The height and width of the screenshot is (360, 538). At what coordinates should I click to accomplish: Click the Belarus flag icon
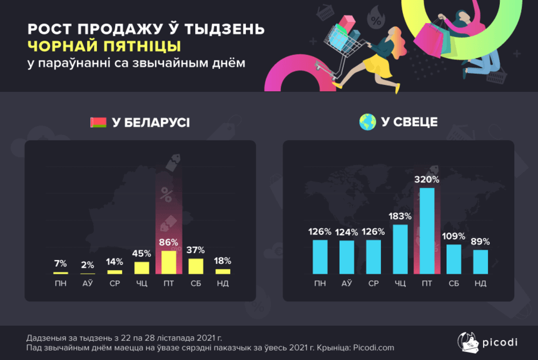(x=98, y=122)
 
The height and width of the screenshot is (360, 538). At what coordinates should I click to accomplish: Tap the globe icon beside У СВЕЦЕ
(x=367, y=122)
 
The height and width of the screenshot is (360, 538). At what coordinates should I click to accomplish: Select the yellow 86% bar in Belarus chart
(x=169, y=262)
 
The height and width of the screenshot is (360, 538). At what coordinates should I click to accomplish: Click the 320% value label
(x=427, y=179)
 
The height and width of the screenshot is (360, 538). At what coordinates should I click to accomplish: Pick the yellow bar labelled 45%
(x=142, y=268)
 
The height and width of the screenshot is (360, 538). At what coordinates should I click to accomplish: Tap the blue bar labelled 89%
(x=480, y=262)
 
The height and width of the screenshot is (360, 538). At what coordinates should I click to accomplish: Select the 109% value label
(x=454, y=236)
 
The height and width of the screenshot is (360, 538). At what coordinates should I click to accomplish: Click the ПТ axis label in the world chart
(x=427, y=284)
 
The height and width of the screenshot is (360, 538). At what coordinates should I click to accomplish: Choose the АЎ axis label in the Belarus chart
(x=88, y=284)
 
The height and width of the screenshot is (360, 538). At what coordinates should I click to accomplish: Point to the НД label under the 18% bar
(x=223, y=284)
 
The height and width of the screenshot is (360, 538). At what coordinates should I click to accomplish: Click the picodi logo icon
(x=467, y=341)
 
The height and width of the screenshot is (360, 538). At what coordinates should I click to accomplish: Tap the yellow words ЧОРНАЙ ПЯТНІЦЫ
(x=104, y=46)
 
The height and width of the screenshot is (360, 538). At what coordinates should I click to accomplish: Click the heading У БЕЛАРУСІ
(x=150, y=122)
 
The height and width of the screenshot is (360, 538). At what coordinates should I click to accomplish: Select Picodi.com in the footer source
(x=373, y=347)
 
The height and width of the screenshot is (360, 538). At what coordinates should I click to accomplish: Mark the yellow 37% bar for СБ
(x=196, y=266)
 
